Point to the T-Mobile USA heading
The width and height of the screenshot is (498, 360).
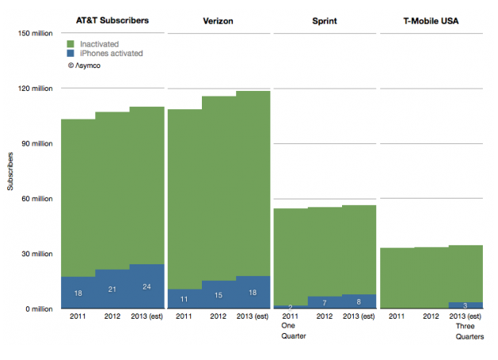click(x=431, y=19)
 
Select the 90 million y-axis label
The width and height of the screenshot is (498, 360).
click(x=36, y=143)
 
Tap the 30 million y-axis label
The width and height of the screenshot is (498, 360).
click(x=36, y=254)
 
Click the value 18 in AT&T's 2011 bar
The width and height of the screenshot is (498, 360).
click(x=78, y=293)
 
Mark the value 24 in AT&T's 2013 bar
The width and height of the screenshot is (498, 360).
click(x=146, y=287)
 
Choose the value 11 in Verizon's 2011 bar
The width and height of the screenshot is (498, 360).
click(x=184, y=299)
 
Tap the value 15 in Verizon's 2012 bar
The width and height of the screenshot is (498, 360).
click(x=219, y=294)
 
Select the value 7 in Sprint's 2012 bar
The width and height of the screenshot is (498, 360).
click(x=325, y=302)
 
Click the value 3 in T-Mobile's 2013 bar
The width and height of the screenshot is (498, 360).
click(x=466, y=305)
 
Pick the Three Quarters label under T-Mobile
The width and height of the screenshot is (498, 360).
click(x=466, y=331)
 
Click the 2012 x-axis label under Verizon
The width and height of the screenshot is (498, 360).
click(x=219, y=317)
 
